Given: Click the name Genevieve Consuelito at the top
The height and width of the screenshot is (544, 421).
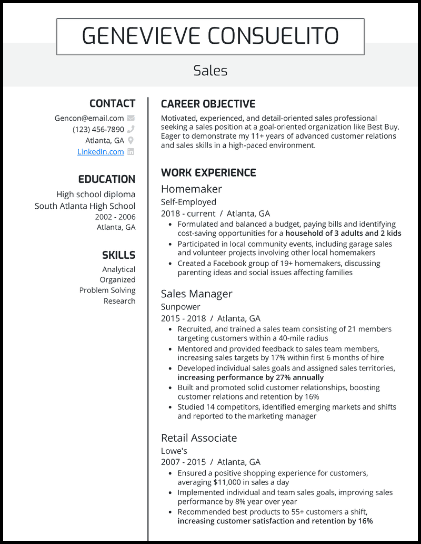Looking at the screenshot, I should (x=210, y=36).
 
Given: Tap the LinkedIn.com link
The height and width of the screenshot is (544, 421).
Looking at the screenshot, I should (x=101, y=152).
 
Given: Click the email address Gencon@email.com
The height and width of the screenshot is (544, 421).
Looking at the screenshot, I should (x=89, y=118).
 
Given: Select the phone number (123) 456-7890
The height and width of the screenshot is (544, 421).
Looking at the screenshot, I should (x=98, y=130).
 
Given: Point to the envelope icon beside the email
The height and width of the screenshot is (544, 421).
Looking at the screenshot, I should (x=131, y=118).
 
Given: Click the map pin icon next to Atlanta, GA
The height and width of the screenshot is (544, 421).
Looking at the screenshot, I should (x=131, y=141).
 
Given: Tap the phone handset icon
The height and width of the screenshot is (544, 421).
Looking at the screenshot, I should (x=131, y=130).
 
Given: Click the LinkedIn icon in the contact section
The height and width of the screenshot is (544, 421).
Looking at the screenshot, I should (x=131, y=152).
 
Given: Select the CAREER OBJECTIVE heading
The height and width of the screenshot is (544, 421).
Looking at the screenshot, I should (x=208, y=104).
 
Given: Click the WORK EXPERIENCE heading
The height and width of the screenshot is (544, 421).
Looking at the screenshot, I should (x=208, y=173).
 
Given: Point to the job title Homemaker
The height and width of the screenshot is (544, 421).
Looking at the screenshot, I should (x=191, y=189).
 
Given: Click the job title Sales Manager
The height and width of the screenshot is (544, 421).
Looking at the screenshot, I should (x=196, y=294).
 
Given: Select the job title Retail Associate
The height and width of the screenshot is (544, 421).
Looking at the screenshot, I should (x=198, y=438).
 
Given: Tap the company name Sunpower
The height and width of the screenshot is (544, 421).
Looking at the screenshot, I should (x=181, y=307).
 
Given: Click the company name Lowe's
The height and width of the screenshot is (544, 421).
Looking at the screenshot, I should (x=174, y=451).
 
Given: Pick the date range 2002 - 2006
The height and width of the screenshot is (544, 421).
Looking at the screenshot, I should (x=115, y=217).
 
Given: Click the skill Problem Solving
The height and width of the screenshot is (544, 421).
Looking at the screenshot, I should (x=107, y=290).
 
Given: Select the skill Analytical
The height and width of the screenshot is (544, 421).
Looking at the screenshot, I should (x=118, y=269).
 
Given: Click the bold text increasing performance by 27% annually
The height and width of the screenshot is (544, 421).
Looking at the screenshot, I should (x=250, y=377).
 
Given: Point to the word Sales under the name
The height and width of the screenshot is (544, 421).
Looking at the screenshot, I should (x=210, y=71).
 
